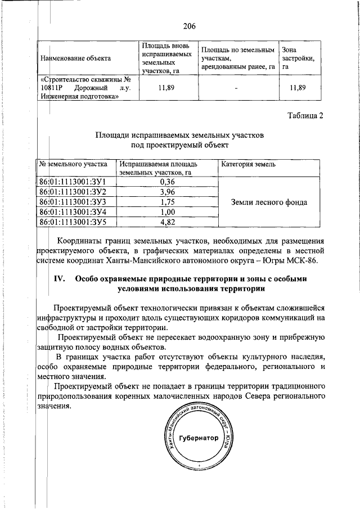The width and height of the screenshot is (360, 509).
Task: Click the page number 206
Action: click(x=188, y=25)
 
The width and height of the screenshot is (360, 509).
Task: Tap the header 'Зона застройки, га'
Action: click(x=298, y=58)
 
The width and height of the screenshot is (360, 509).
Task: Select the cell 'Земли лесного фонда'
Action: click(x=269, y=202)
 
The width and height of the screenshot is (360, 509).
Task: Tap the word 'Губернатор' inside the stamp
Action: click(x=197, y=438)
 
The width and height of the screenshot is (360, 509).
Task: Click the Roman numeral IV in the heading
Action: click(x=60, y=279)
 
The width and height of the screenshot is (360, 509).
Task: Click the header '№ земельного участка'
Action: click(x=73, y=165)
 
